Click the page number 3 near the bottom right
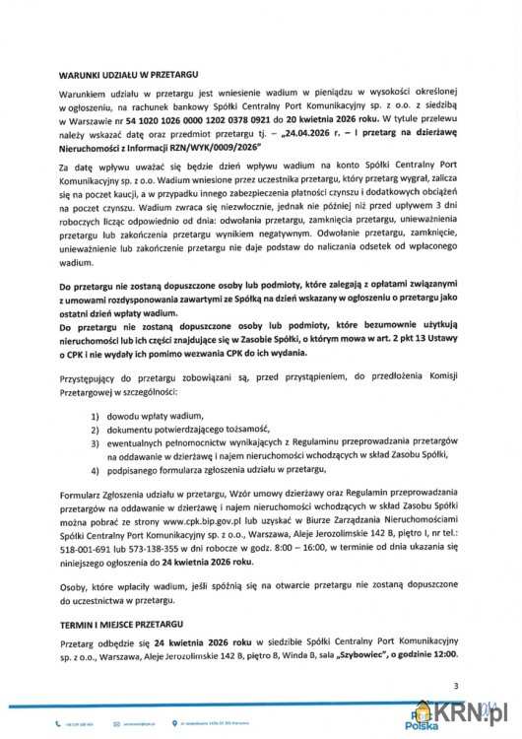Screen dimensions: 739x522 [x=455, y=685]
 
